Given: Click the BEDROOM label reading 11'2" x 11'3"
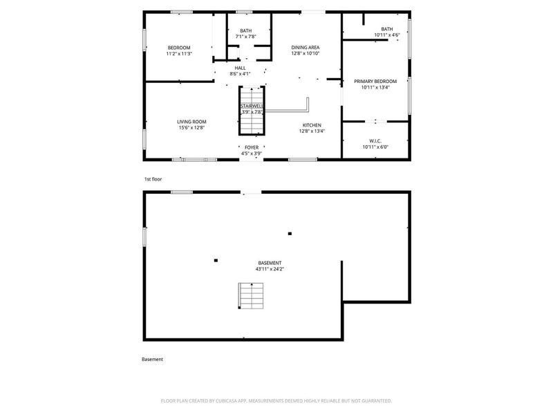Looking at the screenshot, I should [x=178, y=47].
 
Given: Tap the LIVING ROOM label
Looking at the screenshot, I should [x=191, y=121].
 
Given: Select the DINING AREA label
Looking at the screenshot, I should [x=305, y=46].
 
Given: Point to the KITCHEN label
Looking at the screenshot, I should [x=311, y=125].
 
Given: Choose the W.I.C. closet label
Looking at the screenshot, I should [x=376, y=140].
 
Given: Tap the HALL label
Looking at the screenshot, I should [x=240, y=67].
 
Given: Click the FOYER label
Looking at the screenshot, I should [x=251, y=147].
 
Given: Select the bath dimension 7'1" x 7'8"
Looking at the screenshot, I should [x=245, y=37].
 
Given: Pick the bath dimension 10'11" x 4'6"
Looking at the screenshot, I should [x=387, y=35].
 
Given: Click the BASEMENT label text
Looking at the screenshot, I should [x=270, y=263].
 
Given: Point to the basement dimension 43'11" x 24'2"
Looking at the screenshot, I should [x=270, y=269].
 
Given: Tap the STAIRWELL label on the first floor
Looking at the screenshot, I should [x=252, y=106].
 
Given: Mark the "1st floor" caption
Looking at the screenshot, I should [x=152, y=179].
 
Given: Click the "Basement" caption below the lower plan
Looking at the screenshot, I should [x=152, y=359].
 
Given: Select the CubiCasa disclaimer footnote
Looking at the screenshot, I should [x=276, y=400].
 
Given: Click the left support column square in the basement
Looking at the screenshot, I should [x=216, y=260].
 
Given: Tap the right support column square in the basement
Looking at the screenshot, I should [x=290, y=234].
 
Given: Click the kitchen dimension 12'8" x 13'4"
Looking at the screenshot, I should [x=311, y=131].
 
